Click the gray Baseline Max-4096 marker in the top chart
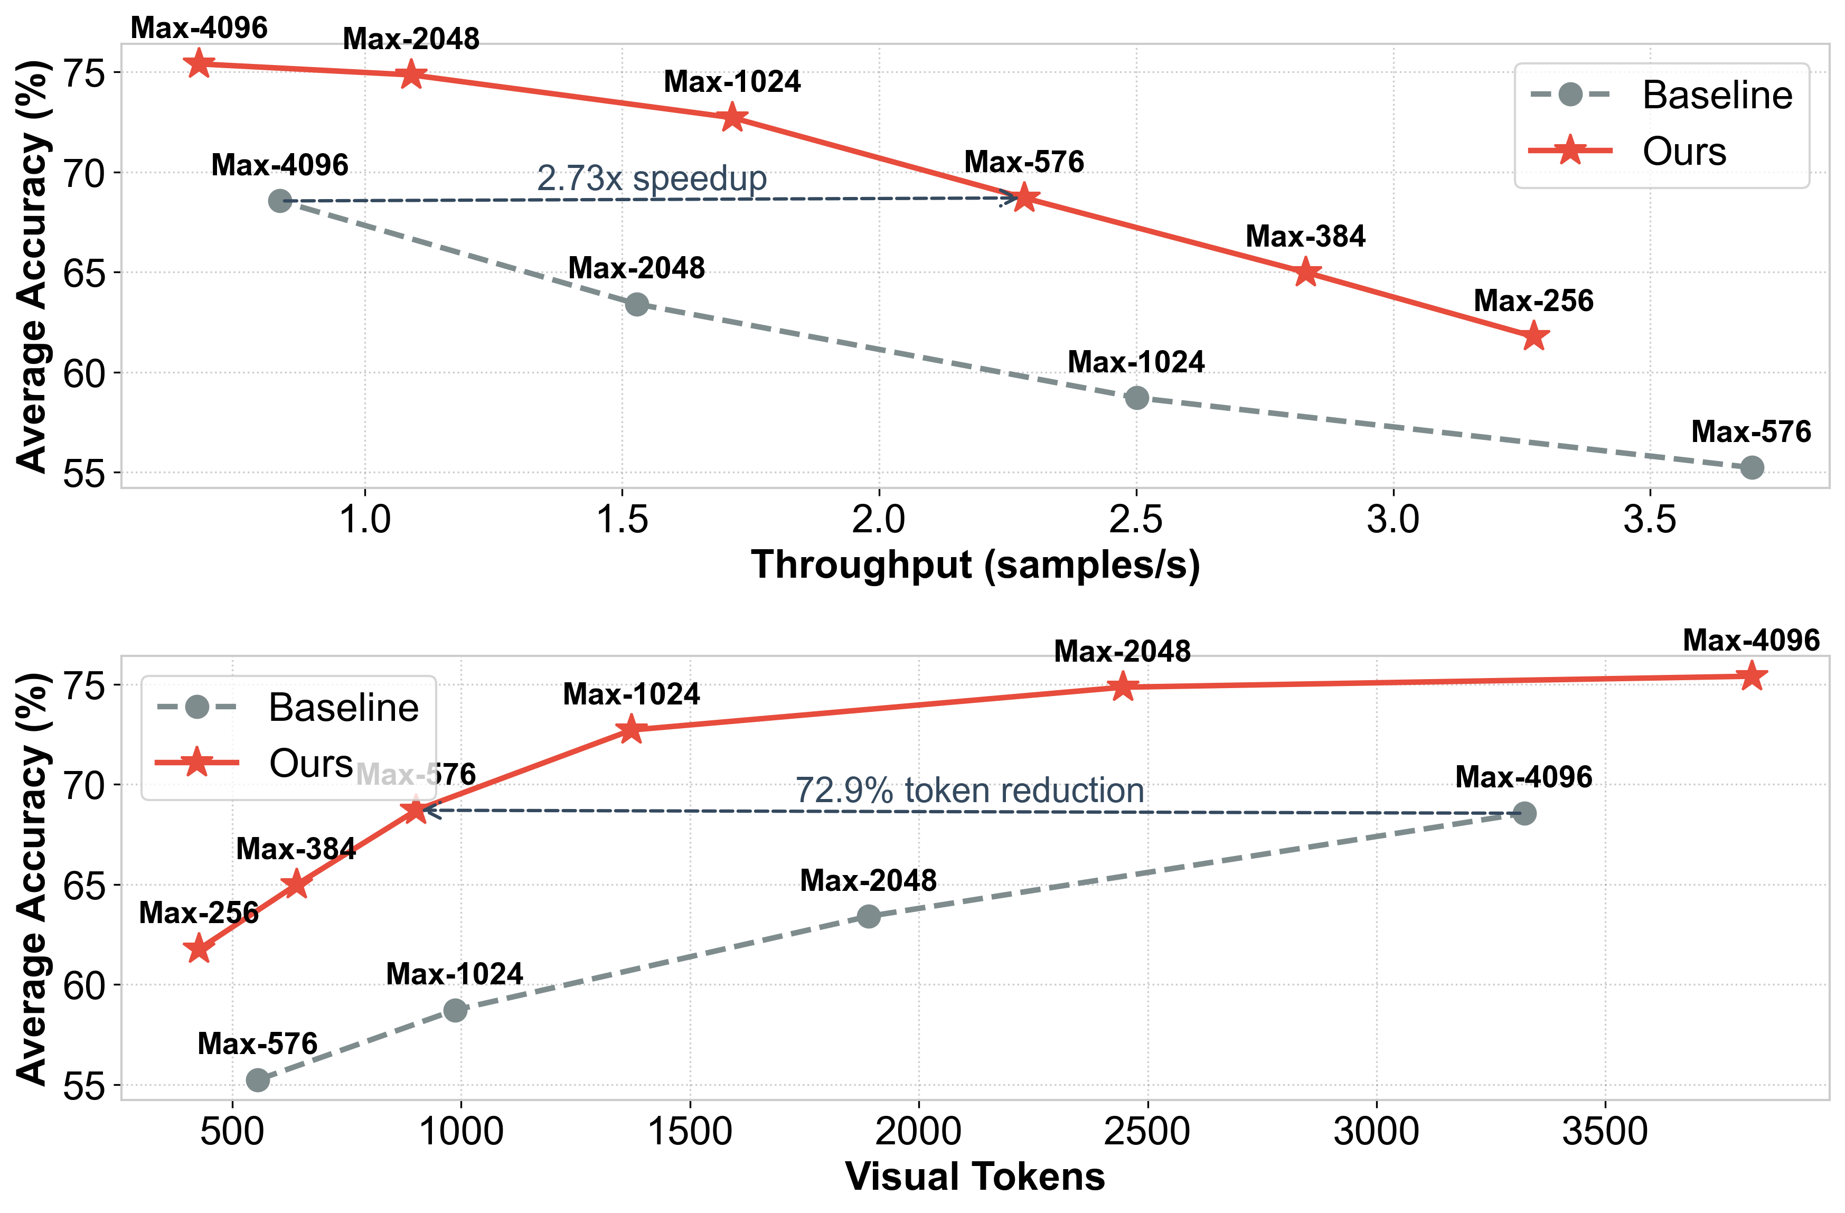[280, 201]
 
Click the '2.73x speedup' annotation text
[651, 178]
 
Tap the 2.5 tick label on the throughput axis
[1136, 519]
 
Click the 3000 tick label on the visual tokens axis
[1376, 1132]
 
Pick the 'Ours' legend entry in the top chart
[1684, 151]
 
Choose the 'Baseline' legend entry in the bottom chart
[343, 707]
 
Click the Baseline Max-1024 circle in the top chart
[1136, 398]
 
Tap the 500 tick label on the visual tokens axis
[232, 1132]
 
